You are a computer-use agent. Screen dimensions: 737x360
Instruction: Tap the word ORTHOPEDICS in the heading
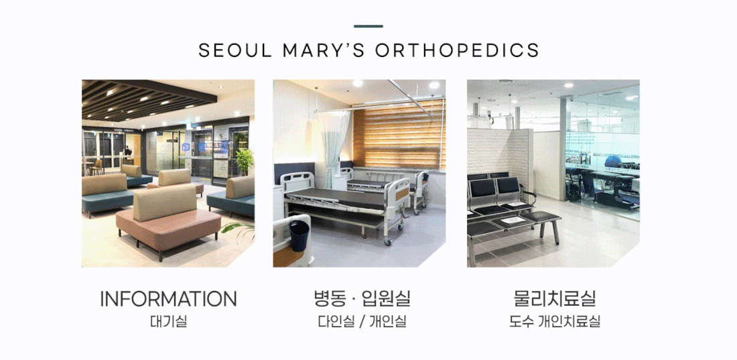457,50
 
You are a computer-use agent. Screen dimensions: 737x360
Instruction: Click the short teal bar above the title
368,26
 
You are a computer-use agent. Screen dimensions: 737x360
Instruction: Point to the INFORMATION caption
168,299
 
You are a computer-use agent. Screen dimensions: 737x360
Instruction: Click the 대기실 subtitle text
168,322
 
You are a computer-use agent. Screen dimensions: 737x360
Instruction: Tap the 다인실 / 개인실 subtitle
362,322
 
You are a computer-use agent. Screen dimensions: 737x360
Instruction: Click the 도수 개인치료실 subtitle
555,322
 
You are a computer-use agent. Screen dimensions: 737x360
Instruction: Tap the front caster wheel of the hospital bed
388,241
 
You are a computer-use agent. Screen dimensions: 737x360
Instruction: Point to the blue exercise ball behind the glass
612,162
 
